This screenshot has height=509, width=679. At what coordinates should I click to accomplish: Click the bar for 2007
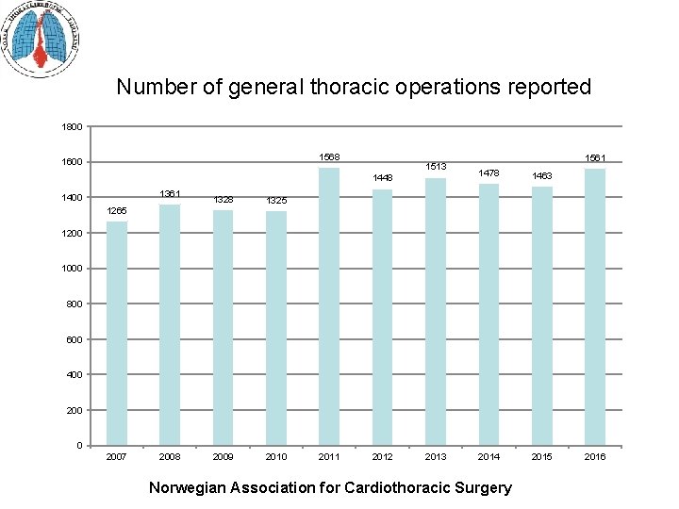[x=117, y=333]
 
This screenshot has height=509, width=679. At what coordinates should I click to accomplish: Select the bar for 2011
[x=329, y=306]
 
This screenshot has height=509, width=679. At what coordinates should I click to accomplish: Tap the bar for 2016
[x=595, y=306]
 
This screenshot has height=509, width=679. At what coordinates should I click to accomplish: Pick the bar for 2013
[x=436, y=311]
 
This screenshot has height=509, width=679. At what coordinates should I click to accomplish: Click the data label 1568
[x=329, y=156]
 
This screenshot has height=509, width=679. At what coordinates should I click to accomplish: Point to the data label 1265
[x=117, y=210]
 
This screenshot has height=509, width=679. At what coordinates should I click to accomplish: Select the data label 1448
[x=383, y=177]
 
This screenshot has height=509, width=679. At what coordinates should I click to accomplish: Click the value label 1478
[x=489, y=172]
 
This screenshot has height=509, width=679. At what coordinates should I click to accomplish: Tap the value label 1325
[x=276, y=200]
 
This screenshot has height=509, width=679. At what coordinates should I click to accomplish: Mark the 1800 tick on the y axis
[x=73, y=126]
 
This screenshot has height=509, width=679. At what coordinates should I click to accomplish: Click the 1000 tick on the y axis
[x=73, y=269]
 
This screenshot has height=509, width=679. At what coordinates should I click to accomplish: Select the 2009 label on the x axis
[x=224, y=457]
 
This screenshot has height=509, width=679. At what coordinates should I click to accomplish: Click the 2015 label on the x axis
[x=542, y=457]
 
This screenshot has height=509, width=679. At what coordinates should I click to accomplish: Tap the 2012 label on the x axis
[x=383, y=457]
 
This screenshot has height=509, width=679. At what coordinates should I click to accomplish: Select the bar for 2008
[x=170, y=324]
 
